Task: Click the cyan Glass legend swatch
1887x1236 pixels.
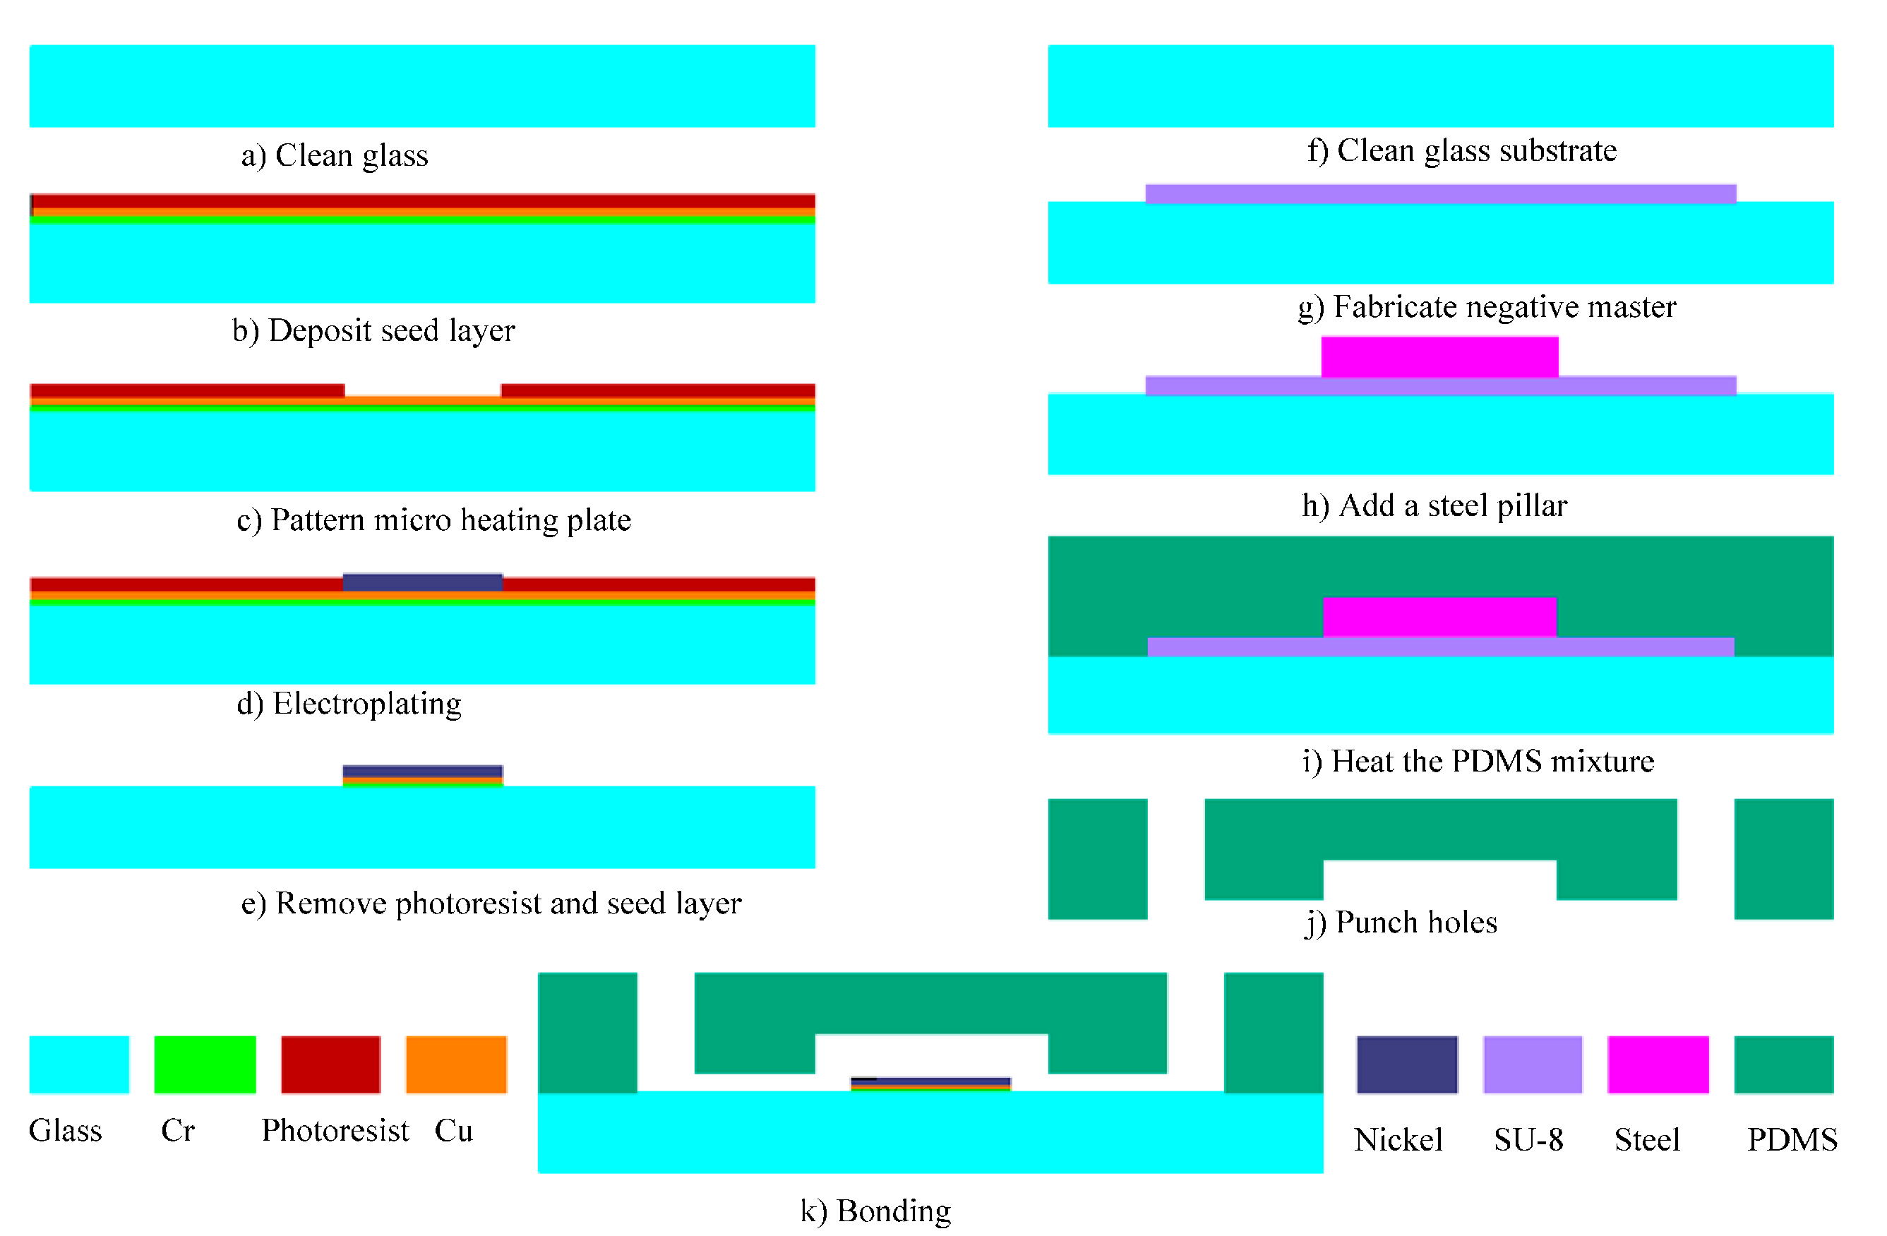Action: click(x=79, y=1064)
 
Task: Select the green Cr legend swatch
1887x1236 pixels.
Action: click(x=205, y=1064)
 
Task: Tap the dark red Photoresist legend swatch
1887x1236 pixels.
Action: click(x=330, y=1064)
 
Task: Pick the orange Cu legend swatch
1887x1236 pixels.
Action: click(x=456, y=1064)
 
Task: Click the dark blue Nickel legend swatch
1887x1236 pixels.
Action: click(x=1406, y=1064)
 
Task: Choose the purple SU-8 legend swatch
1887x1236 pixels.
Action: click(x=1532, y=1064)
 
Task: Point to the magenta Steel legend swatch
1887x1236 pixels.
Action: click(x=1657, y=1064)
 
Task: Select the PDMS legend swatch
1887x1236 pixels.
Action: click(x=1783, y=1064)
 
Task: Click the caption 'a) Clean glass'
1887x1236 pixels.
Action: click(x=335, y=155)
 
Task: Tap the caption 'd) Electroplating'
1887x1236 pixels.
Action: click(x=349, y=704)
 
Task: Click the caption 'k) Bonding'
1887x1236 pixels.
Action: click(x=875, y=1211)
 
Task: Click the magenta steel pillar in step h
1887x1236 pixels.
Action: click(x=1439, y=356)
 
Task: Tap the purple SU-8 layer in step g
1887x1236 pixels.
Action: click(x=1440, y=194)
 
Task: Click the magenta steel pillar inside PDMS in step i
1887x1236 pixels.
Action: click(x=1439, y=617)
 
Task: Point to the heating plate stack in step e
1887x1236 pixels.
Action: click(x=423, y=775)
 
